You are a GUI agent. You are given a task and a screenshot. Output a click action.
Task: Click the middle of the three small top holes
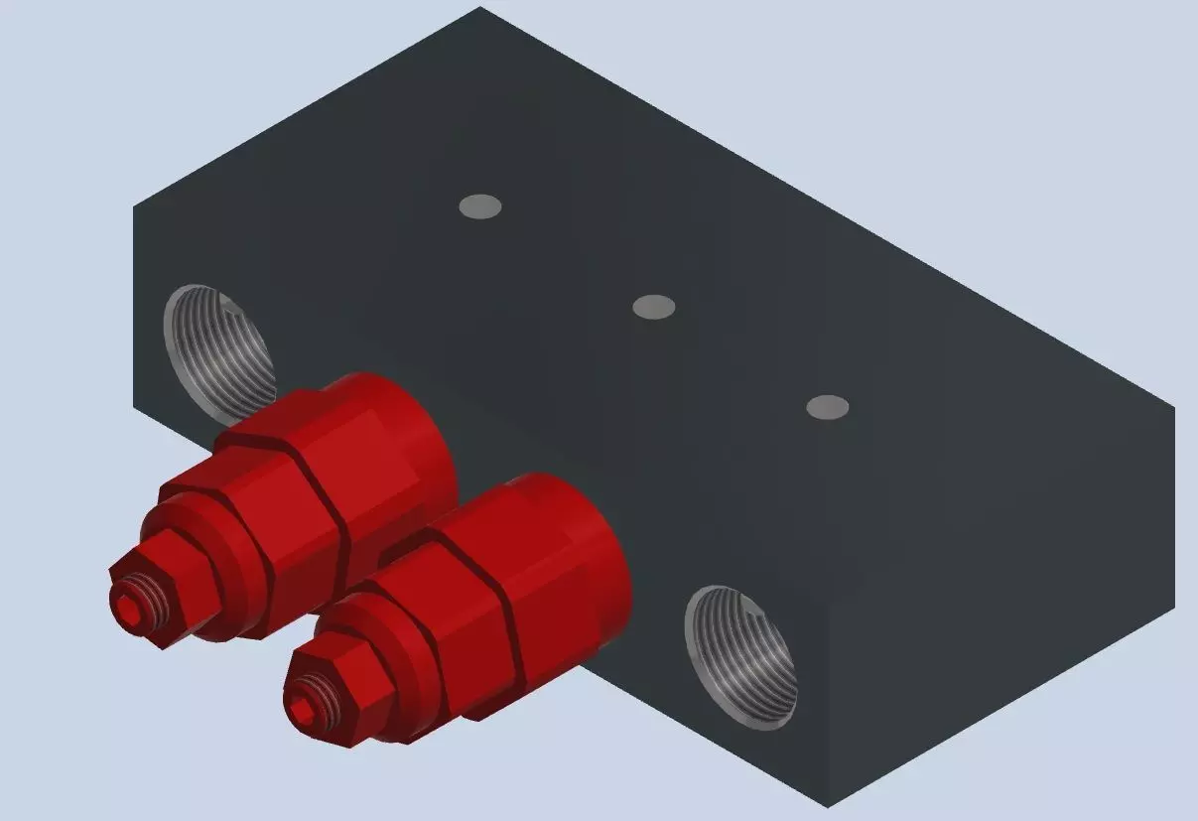click(x=654, y=307)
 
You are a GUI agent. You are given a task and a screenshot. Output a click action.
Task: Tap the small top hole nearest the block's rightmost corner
click(x=827, y=407)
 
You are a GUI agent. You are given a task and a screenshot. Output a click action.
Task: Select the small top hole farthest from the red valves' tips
click(x=480, y=206)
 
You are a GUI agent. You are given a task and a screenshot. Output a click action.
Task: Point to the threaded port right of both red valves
click(x=741, y=657)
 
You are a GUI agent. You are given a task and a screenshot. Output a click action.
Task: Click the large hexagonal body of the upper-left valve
click(x=288, y=506)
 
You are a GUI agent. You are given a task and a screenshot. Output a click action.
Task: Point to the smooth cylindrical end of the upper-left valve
click(x=397, y=437)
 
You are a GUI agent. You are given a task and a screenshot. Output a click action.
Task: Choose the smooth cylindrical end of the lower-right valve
click(x=576, y=546)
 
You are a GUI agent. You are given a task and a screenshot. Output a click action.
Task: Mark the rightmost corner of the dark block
click(x=1174, y=408)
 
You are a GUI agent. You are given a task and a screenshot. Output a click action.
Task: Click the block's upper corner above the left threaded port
click(x=134, y=206)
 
